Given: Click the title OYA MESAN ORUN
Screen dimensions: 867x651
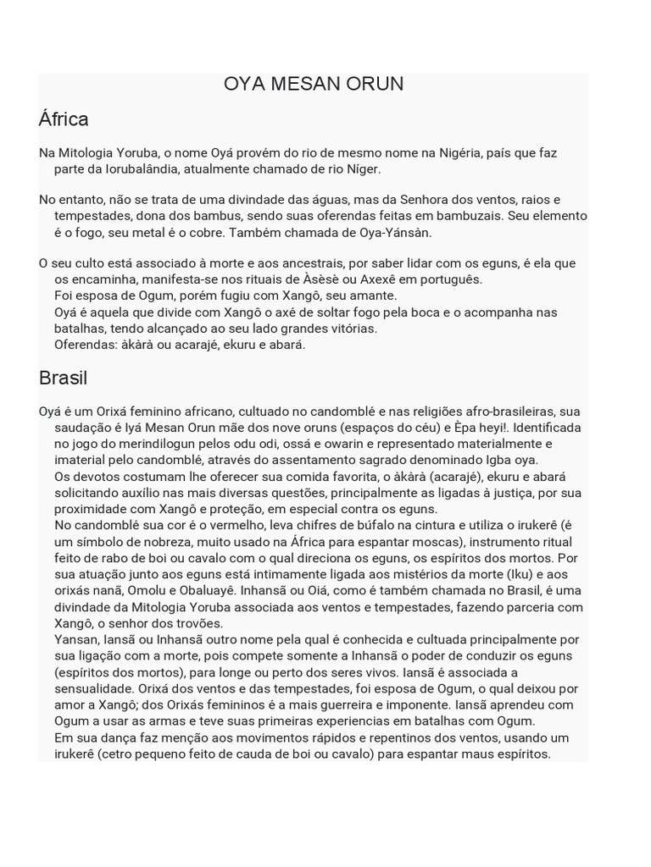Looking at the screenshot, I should point(314,84).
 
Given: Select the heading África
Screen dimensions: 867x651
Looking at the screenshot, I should point(64,119).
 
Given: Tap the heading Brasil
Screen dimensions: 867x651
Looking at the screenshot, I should point(63,378).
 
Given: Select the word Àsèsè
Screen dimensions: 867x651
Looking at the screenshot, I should point(342,279).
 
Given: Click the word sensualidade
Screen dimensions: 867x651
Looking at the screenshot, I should point(99,688).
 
